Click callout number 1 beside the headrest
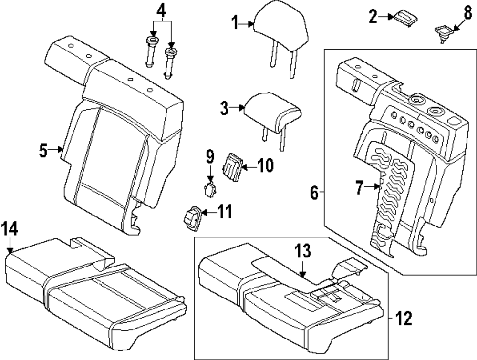pyautogui.click(x=235, y=22)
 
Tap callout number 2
pyautogui.click(x=373, y=17)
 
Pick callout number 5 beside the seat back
pyautogui.click(x=43, y=151)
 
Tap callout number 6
pyautogui.click(x=313, y=193)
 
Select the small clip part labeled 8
pyautogui.click(x=442, y=32)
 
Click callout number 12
pyautogui.click(x=404, y=318)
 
